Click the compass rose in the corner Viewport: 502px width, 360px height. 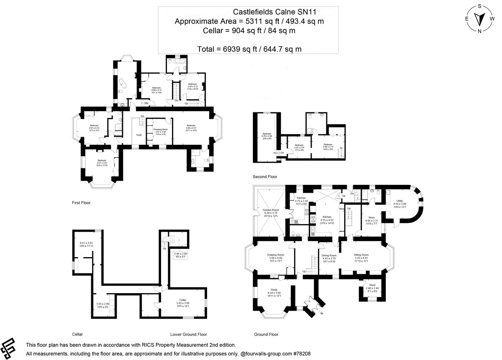click(480, 18)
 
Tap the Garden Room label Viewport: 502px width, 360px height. click(270, 210)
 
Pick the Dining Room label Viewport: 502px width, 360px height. click(329, 255)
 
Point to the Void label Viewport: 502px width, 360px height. click(139, 135)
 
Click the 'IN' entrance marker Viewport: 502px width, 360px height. click(322, 313)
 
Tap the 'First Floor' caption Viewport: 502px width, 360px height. click(81, 203)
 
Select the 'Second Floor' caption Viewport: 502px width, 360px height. click(265, 177)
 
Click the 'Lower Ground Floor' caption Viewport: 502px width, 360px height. click(188, 334)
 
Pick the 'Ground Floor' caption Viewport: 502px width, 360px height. click(266, 334)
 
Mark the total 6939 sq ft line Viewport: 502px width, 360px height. click(249, 49)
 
